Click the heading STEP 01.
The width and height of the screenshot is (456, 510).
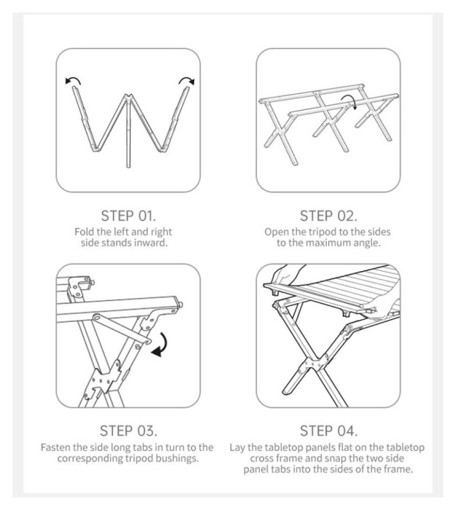[x=128, y=216]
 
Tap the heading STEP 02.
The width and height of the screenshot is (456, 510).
[x=328, y=216]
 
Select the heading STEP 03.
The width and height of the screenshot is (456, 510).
[x=128, y=431]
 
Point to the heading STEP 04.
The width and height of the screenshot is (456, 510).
[x=328, y=431]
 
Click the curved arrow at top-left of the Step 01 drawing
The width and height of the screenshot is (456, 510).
[x=74, y=79]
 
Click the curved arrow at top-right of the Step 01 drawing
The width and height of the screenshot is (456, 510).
[x=187, y=79]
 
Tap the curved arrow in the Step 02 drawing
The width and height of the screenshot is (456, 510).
[x=350, y=98]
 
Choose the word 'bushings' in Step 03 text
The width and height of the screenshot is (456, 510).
[x=178, y=458]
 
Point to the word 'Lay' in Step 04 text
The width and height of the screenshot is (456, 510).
[x=237, y=447]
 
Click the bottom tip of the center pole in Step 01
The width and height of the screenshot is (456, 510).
[x=128, y=167]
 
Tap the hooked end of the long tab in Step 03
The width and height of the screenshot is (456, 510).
[x=148, y=341]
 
